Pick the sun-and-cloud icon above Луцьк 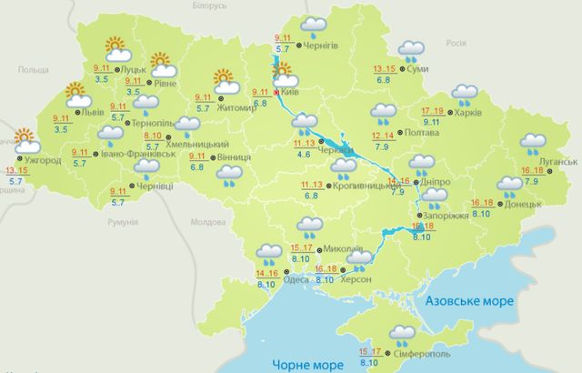click(x=116, y=47)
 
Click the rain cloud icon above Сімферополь click(x=400, y=336)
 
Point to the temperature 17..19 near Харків click(x=433, y=111)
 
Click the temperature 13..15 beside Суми click(x=386, y=69)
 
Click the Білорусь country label click(x=208, y=5)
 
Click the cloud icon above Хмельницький click(x=187, y=126)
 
